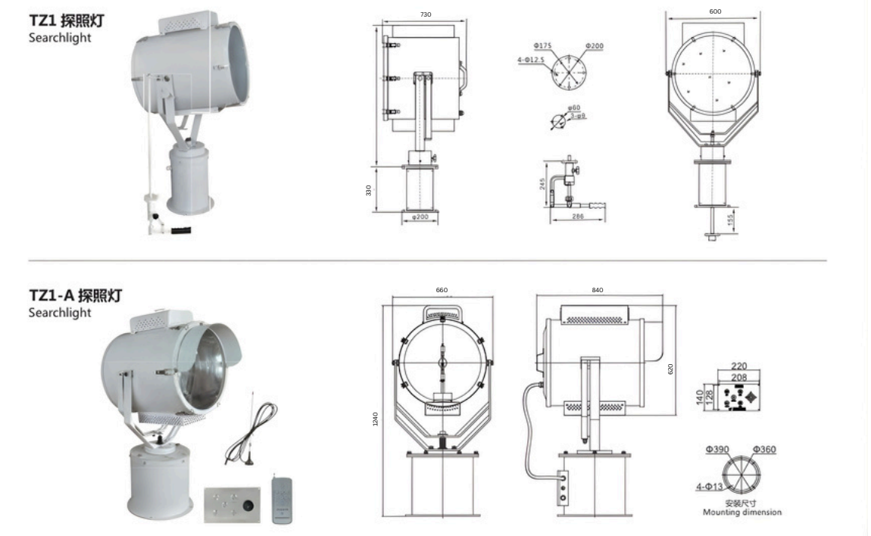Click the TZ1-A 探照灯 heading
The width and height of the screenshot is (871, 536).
pos(75,296)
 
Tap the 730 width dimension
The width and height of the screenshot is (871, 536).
pos(425,15)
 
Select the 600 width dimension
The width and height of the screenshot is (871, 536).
pos(716,11)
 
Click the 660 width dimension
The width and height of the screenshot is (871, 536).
pos(442,291)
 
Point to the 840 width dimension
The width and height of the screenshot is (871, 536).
pos(598,291)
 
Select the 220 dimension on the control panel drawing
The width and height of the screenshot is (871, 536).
pos(739,366)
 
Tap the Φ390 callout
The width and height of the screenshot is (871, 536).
pos(716,450)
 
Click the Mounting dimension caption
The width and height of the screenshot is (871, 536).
pos(741,513)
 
